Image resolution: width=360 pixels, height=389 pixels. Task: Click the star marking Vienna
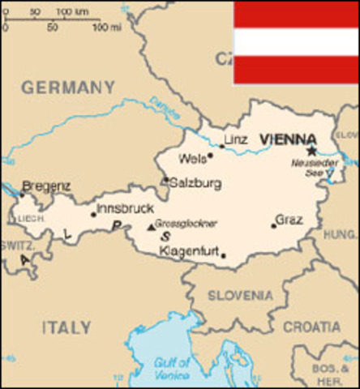pyautogui.click(x=311, y=150)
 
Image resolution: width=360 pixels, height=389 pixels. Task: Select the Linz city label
pyautogui.click(x=235, y=139)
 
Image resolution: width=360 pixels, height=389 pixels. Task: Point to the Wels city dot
pyautogui.click(x=210, y=156)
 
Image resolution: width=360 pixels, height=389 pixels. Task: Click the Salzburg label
pyautogui.click(x=195, y=183)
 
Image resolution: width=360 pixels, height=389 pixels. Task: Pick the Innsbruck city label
pyautogui.click(x=125, y=208)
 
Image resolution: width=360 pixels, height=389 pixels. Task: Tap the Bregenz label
pyautogui.click(x=46, y=186)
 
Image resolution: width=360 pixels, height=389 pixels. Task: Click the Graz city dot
pyautogui.click(x=273, y=226)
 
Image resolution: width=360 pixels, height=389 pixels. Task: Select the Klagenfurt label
pyautogui.click(x=189, y=252)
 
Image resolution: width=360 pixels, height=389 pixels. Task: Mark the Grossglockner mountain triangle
pyautogui.click(x=150, y=228)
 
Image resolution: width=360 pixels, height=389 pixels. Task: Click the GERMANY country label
pyautogui.click(x=68, y=87)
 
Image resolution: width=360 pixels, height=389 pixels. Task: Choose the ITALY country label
pyautogui.click(x=66, y=327)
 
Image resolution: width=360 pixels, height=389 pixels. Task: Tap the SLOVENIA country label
pyautogui.click(x=241, y=296)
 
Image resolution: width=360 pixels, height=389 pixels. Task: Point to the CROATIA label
pyautogui.click(x=312, y=326)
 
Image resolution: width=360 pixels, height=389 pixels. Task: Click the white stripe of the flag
pyautogui.click(x=296, y=41)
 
